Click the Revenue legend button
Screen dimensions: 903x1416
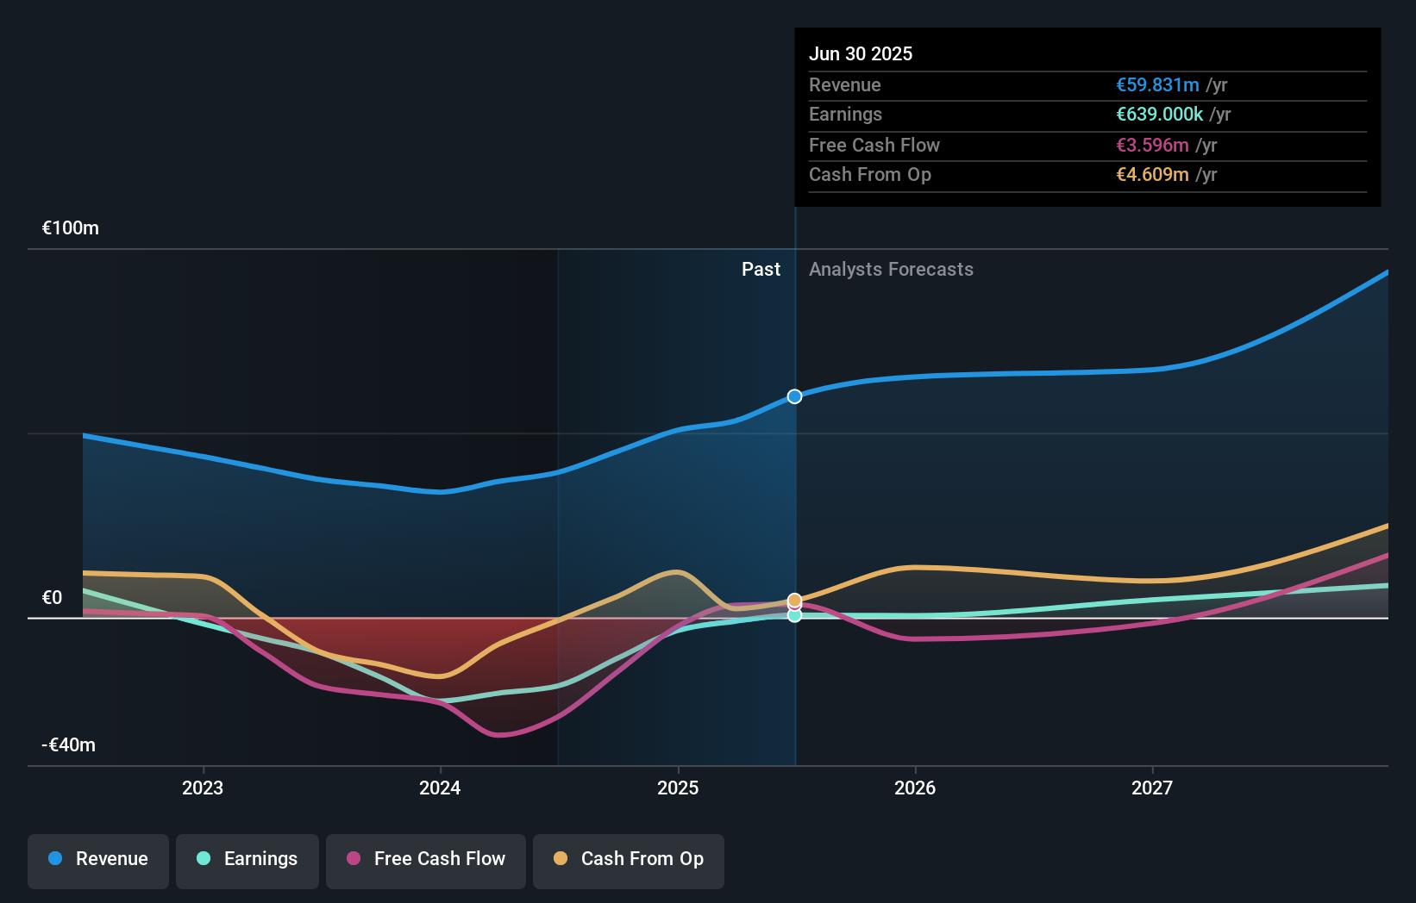(x=98, y=860)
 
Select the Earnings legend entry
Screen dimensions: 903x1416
(x=247, y=860)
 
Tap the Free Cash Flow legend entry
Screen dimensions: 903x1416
(x=426, y=860)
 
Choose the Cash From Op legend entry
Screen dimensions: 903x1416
(x=629, y=860)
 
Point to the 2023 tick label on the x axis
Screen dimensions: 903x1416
(x=203, y=788)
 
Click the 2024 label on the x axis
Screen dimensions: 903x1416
(x=440, y=788)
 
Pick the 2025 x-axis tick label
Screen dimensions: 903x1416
(x=678, y=788)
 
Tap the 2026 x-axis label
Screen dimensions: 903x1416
(x=915, y=788)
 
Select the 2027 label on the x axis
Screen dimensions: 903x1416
(x=1152, y=788)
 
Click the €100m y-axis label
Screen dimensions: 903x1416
(x=71, y=228)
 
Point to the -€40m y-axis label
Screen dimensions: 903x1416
(x=69, y=745)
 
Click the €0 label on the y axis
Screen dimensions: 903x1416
(x=52, y=598)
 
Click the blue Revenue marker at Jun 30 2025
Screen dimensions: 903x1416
(x=794, y=396)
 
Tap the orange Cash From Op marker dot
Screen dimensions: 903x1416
(x=794, y=600)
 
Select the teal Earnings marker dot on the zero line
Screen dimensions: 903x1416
(x=794, y=615)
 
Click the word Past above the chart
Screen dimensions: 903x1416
(x=761, y=270)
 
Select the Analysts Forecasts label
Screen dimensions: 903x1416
(x=891, y=270)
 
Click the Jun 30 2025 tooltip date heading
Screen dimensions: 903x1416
(x=860, y=53)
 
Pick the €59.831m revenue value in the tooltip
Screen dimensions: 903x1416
(x=1157, y=85)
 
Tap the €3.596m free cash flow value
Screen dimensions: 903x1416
(x=1152, y=146)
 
